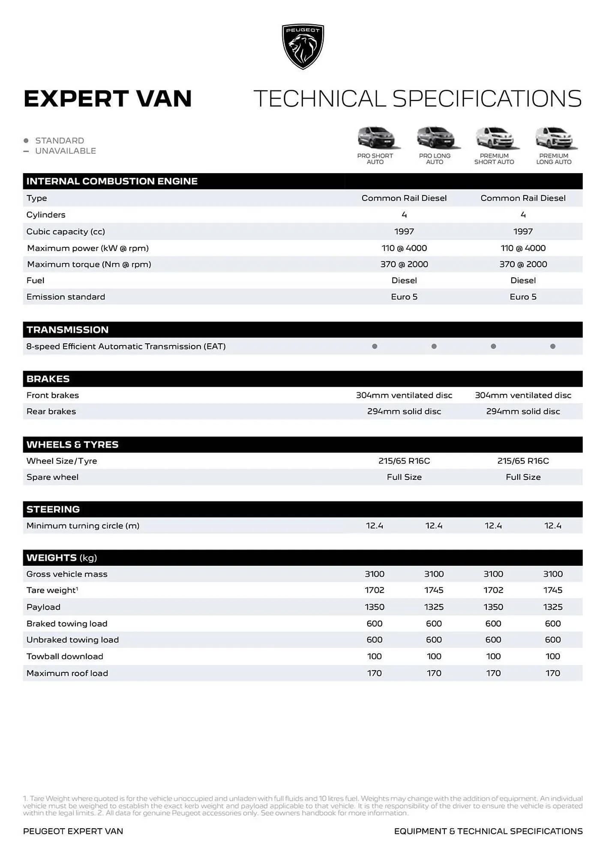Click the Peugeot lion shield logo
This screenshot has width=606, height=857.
click(303, 46)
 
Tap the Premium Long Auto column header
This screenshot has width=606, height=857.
click(553, 159)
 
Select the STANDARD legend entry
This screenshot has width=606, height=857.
click(59, 141)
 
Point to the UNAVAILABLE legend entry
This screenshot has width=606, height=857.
click(65, 151)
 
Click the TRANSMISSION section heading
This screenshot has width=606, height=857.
click(67, 330)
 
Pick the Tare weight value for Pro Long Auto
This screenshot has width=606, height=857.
click(434, 590)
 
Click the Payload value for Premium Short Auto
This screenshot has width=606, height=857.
click(493, 607)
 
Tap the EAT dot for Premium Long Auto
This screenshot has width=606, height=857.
click(552, 346)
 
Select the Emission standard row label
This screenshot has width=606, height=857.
click(66, 297)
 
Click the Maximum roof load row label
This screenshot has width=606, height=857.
click(67, 673)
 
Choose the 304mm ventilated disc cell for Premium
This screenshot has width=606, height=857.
click(523, 395)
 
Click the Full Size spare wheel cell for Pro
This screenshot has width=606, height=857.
click(404, 477)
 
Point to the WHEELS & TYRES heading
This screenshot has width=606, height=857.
click(72, 444)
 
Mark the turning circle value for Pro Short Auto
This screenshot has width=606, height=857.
click(374, 525)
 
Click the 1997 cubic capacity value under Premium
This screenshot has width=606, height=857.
click(523, 231)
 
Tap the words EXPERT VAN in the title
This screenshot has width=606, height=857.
click(108, 99)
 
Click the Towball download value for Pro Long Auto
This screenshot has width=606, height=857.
click(434, 656)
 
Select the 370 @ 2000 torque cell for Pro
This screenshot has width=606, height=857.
click(404, 264)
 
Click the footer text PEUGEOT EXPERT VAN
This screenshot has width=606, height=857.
click(73, 831)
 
